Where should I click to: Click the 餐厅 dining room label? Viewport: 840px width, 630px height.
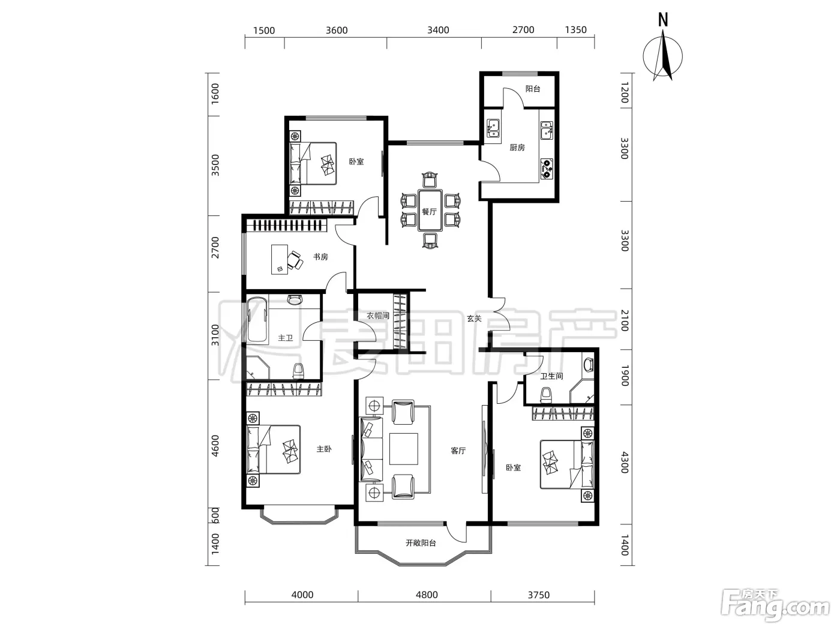[x=429, y=212]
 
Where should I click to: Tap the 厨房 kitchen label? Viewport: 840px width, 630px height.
[x=517, y=148]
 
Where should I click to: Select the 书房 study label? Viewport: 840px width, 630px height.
[x=320, y=257]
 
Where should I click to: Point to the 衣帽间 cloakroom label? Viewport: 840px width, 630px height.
[x=378, y=316]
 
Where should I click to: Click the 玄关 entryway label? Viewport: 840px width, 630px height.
[x=474, y=318]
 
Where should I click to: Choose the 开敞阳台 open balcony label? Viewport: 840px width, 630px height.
[x=421, y=543]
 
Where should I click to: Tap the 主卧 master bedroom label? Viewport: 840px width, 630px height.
[x=324, y=449]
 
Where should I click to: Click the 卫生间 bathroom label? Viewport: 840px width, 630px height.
[x=551, y=376]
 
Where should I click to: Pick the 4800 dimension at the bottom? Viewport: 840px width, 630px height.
[x=427, y=595]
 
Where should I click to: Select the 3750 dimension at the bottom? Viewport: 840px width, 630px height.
[x=538, y=595]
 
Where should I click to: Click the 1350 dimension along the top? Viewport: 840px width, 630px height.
[x=575, y=30]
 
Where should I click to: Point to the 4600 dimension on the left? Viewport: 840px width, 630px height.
[x=215, y=446]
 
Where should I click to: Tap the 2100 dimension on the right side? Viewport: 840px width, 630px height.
[x=625, y=320]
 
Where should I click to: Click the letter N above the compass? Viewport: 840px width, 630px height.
[x=663, y=20]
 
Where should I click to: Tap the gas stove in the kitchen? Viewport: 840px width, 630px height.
[x=547, y=169]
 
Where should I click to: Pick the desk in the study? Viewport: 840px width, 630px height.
[x=280, y=259]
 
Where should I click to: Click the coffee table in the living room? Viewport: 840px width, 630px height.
[x=404, y=449]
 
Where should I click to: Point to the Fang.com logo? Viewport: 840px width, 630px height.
[x=775, y=607]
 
